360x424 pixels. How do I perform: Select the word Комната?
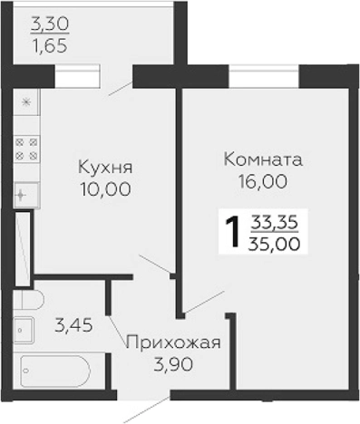coord(262,159)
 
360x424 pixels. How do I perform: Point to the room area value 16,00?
coord(262,181)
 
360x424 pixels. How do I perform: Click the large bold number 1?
coord(231,232)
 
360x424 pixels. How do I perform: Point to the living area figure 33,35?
coord(277,221)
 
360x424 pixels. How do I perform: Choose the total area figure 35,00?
coord(277,243)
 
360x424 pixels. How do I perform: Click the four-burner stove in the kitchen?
coord(26,149)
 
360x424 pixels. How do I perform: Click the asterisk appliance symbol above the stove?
coord(25,102)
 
